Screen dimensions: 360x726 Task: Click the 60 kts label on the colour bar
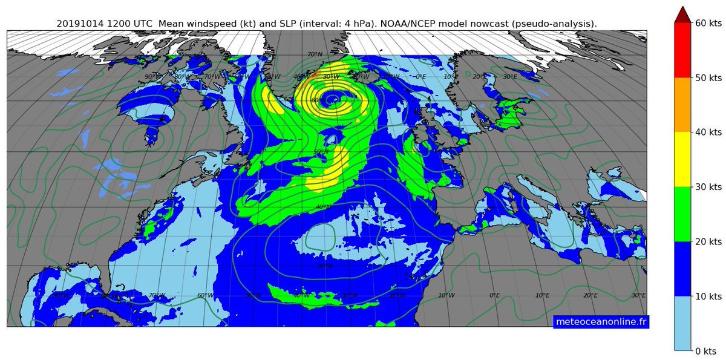click(708, 23)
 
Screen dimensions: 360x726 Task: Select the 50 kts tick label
click(708, 77)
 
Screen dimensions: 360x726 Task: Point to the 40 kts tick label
click(708, 132)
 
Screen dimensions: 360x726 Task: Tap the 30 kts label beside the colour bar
click(708, 187)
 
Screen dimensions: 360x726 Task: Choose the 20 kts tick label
click(708, 241)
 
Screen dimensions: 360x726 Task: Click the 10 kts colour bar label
click(708, 296)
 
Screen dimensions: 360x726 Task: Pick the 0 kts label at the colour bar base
click(705, 351)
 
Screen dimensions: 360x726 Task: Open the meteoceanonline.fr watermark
click(601, 321)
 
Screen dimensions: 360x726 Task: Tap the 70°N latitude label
click(315, 55)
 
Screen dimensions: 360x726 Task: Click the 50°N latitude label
click(321, 151)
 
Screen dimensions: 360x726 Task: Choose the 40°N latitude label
click(323, 207)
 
